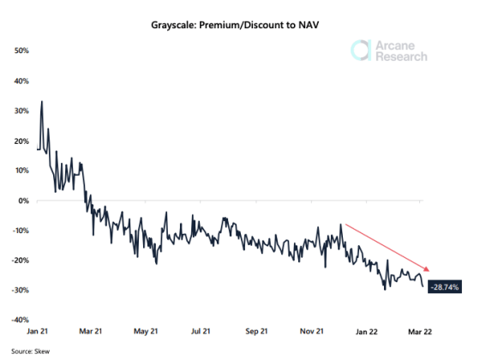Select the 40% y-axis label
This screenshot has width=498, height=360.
click(x=22, y=81)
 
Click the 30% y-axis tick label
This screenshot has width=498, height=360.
click(x=22, y=111)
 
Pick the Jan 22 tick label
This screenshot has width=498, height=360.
click(x=367, y=331)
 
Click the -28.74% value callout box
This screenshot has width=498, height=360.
click(x=444, y=286)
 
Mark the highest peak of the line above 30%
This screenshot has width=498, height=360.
click(x=42, y=102)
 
